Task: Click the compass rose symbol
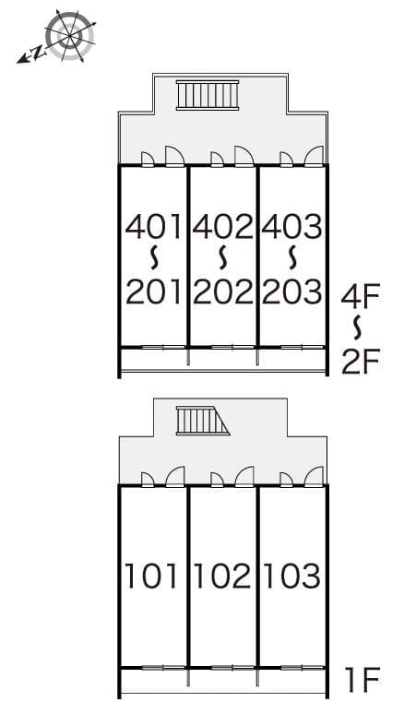[69, 36]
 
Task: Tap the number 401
[154, 227]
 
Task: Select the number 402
[222, 227]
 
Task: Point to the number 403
[291, 227]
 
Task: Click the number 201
[154, 292]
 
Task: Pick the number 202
[223, 292]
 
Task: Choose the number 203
[292, 292]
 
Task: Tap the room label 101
[151, 576]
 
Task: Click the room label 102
[222, 576]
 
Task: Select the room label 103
[292, 576]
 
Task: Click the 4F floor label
[361, 296]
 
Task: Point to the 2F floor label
[361, 361]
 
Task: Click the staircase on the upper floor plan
[208, 95]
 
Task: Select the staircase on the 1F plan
[203, 421]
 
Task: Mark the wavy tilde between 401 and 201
[154, 259]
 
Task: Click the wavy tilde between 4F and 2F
[360, 328]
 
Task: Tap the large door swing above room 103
[314, 476]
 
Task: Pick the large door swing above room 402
[244, 156]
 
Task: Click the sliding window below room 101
[163, 668]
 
